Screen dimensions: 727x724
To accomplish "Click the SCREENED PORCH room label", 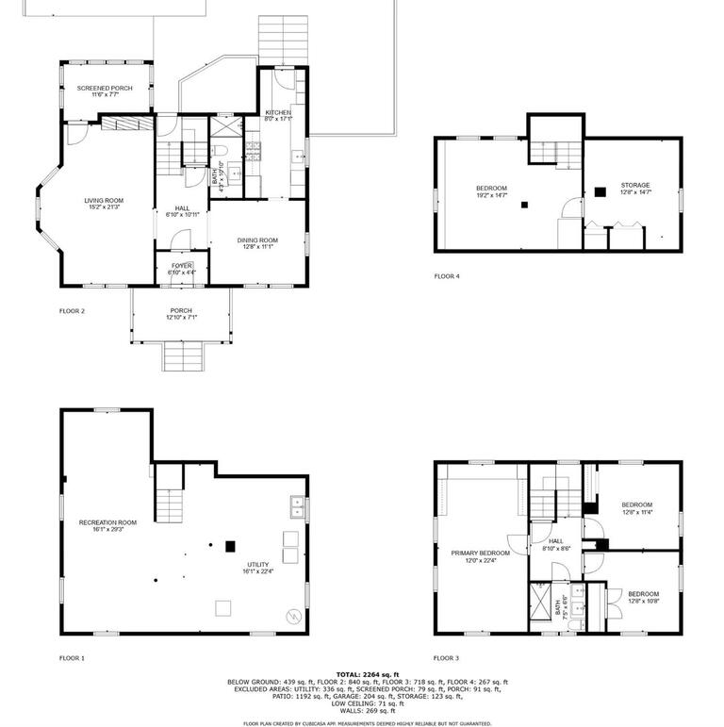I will pos(104,91).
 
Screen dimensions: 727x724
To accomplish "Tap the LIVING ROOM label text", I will pos(104,204).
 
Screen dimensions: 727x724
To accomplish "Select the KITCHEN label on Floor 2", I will pos(278,115).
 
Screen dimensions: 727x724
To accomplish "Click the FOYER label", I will pos(180,269).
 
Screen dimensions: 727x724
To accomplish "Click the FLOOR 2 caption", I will pos(73,309).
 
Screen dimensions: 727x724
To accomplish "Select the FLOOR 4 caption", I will pos(447,276).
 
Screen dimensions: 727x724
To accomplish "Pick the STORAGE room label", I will pos(634,188).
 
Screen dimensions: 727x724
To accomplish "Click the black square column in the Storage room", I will pos(600,192).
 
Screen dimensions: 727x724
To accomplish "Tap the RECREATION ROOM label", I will pos(107,525).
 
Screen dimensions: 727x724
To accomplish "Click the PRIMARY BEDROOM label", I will pos(480,556).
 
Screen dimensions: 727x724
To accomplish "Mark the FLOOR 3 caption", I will pos(447,657).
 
